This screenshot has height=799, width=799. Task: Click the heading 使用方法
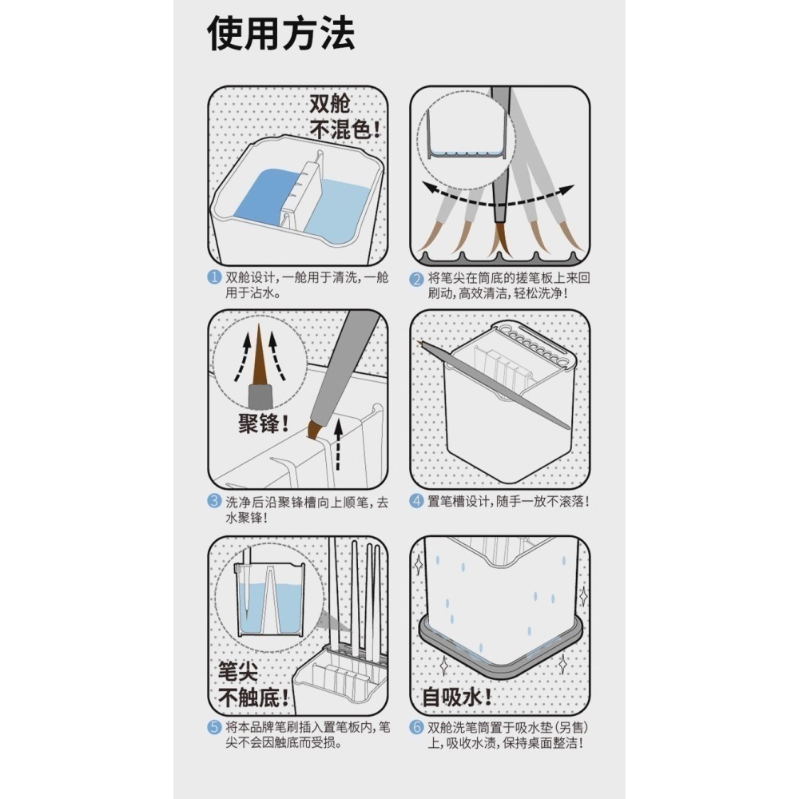[x=281, y=36]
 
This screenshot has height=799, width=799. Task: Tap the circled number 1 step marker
[x=214, y=279]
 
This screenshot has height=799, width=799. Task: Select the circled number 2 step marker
[x=416, y=279]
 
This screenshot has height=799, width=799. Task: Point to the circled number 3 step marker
[x=214, y=502]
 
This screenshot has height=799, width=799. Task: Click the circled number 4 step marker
[x=416, y=502]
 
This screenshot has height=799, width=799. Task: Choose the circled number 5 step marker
[x=214, y=727]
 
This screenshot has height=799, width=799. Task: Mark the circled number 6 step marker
[x=416, y=727]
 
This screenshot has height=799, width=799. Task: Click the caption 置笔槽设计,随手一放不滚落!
[x=509, y=502]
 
